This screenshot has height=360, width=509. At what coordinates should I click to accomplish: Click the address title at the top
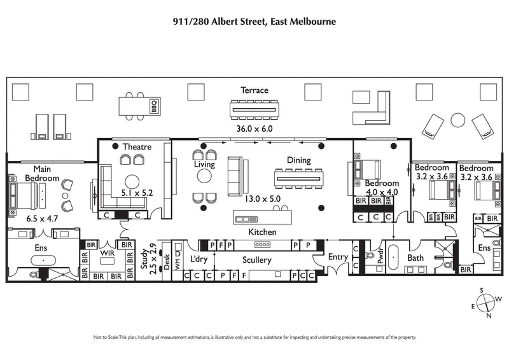click(254, 21)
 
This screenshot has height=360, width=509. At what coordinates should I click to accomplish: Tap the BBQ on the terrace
click(153, 107)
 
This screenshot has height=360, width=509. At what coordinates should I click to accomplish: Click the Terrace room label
click(254, 90)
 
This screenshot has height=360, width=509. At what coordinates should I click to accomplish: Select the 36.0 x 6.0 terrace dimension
click(254, 128)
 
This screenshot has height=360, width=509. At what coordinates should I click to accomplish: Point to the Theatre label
click(137, 147)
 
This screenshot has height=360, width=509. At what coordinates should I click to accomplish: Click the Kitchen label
click(261, 232)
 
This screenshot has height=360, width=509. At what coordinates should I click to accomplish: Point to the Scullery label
click(257, 260)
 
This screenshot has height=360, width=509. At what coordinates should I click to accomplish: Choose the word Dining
click(298, 161)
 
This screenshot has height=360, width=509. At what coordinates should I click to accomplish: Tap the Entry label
click(337, 257)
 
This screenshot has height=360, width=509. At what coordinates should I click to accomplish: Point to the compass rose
click(487, 303)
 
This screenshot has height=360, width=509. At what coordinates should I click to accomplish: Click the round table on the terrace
click(458, 120)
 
